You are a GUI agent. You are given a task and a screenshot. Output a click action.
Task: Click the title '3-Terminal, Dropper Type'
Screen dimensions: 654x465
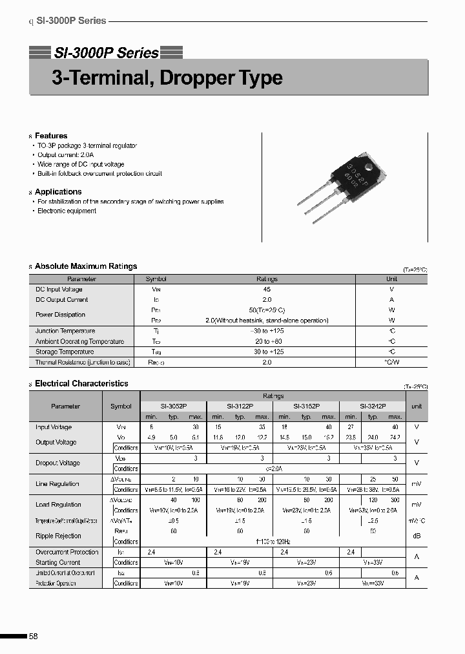pos(167,78)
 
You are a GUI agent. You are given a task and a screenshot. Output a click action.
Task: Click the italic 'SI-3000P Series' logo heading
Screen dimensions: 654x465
pos(106,53)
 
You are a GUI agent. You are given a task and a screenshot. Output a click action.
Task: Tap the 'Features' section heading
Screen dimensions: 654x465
pos(51,136)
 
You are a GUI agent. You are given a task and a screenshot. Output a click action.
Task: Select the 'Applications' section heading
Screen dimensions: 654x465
pos(58,192)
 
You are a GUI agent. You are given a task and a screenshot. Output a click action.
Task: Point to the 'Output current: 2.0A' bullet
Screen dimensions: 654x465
pos(65,155)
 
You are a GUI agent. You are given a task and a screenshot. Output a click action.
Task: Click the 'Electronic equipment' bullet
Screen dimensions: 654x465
pos(67,211)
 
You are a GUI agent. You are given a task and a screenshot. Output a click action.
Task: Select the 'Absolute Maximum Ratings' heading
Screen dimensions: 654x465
pos(86,266)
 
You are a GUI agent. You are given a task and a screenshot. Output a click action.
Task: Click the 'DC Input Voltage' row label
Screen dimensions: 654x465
pos(59,290)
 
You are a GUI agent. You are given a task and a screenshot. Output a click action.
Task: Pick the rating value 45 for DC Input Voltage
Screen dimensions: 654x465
pos(267,290)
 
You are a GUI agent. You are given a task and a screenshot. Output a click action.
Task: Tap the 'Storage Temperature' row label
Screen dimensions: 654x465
pos(65,352)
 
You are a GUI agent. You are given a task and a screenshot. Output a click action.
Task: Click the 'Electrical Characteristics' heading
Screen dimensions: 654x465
pos(81,384)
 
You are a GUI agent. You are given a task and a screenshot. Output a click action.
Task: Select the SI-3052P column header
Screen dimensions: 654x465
pos(173,406)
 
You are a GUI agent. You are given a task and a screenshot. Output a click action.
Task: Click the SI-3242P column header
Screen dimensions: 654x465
pos(373,406)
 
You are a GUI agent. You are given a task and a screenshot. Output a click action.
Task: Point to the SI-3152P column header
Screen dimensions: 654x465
pos(306,406)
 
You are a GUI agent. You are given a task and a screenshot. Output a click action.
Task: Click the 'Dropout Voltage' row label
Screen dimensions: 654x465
pos(57,463)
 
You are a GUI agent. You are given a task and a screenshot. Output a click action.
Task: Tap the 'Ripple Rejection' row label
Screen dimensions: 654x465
pos(58,536)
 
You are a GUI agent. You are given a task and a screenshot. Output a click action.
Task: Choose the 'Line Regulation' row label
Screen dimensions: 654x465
pos(57,484)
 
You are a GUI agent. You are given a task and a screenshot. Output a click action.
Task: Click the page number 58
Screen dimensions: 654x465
pos(34,637)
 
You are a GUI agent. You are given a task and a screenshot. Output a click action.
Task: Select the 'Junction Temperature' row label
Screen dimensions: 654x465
pos(65,331)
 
